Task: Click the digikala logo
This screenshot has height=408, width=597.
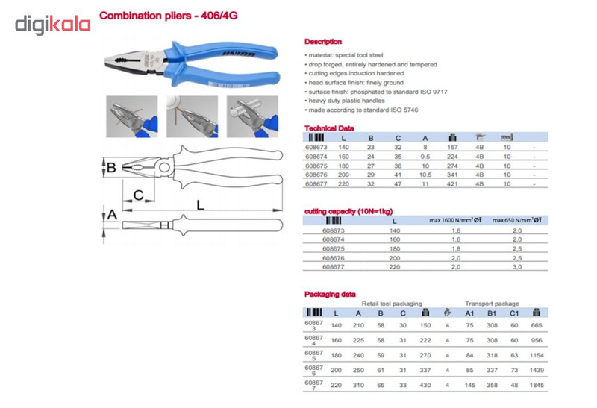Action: coord(53,24)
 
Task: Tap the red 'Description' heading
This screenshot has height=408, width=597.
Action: coord(323,42)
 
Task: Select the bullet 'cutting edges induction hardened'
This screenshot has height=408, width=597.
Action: coord(354,73)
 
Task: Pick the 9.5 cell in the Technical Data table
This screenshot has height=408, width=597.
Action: coord(425,158)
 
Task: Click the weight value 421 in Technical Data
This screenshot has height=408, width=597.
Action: coord(451,183)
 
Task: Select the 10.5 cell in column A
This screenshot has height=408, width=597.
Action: coord(425,175)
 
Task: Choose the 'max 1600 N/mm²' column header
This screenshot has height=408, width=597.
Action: coord(451,220)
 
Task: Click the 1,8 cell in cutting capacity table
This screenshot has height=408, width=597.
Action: coord(455,248)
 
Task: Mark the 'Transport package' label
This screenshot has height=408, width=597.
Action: coord(492,304)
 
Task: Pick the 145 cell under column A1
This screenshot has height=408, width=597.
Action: coord(469,384)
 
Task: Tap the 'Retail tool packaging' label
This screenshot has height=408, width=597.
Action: coord(392,304)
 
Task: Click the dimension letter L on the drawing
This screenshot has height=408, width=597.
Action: coord(201,203)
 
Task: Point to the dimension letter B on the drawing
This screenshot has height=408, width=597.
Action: coord(111,168)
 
